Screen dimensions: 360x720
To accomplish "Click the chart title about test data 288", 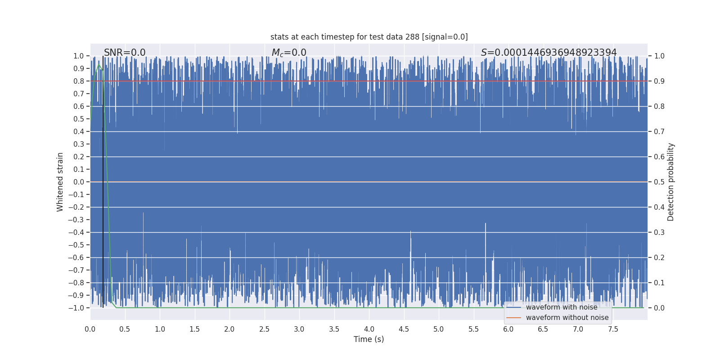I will (x=369, y=37).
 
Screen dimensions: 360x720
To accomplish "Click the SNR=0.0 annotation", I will (x=125, y=53).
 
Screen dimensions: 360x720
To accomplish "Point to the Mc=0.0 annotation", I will (x=289, y=53).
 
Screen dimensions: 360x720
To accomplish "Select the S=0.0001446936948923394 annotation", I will (x=549, y=53).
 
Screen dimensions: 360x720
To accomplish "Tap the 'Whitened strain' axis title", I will (x=60, y=182).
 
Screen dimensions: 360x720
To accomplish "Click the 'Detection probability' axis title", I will (x=671, y=182).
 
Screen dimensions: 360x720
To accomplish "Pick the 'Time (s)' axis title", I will (x=369, y=339).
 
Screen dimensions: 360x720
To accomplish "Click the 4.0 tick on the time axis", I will (x=369, y=329).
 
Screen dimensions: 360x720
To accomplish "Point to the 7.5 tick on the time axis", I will (x=613, y=329).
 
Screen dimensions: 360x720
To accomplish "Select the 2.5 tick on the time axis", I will (x=264, y=329).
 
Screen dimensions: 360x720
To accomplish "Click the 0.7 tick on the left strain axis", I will (x=79, y=94).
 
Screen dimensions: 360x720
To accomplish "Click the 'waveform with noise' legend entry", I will (x=561, y=307).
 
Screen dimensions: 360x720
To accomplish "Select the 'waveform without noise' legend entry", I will (x=567, y=318).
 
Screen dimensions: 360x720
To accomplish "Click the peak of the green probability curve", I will (x=99, y=65).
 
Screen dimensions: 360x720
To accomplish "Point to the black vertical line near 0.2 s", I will (x=103, y=180).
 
